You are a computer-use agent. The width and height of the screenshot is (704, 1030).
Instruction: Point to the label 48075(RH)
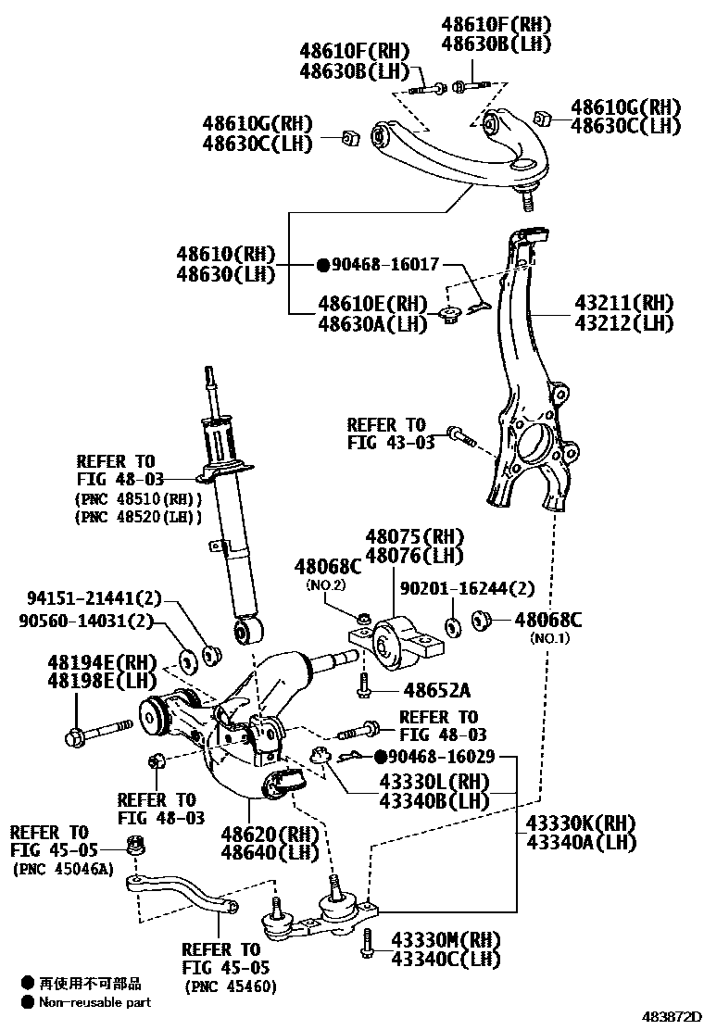(x=413, y=536)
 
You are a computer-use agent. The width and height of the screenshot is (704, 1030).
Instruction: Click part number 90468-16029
(x=440, y=757)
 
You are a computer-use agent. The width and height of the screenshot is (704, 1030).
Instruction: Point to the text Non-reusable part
(x=94, y=1001)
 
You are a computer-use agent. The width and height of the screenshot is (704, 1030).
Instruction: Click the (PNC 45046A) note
(x=63, y=869)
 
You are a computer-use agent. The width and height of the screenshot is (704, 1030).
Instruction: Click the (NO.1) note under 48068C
(x=550, y=638)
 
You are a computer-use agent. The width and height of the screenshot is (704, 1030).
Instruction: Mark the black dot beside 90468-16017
(x=323, y=265)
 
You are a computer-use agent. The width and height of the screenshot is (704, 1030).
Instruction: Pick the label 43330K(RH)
(x=582, y=823)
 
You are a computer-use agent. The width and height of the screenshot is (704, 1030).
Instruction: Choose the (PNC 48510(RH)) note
(x=139, y=498)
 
